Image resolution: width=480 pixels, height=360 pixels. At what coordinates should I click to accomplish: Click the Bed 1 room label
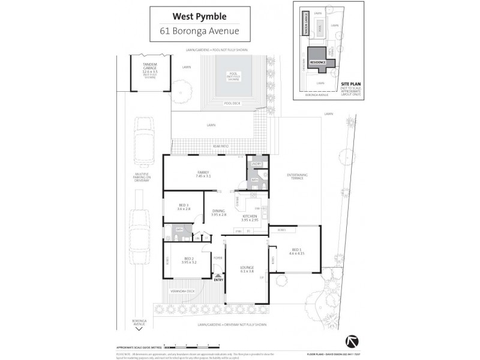(x=297, y=252)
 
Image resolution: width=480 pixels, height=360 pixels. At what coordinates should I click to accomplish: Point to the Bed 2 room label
(x=189, y=260)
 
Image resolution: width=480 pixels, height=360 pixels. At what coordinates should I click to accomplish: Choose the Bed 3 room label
(x=184, y=207)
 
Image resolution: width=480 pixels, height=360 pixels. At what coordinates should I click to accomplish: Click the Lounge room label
(x=247, y=269)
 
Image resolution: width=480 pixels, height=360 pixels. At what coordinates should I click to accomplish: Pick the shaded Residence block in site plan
(x=317, y=62)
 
